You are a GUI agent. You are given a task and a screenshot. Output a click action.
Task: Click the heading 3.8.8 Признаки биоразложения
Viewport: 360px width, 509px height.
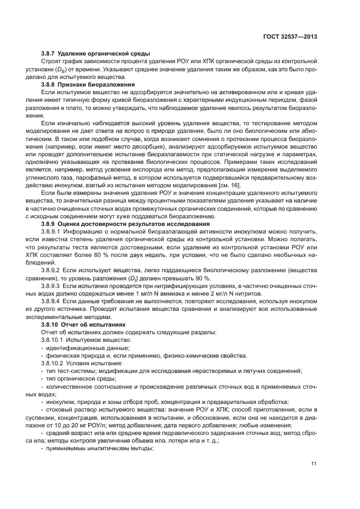82,86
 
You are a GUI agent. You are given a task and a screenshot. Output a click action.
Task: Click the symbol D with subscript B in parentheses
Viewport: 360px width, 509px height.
59,71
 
